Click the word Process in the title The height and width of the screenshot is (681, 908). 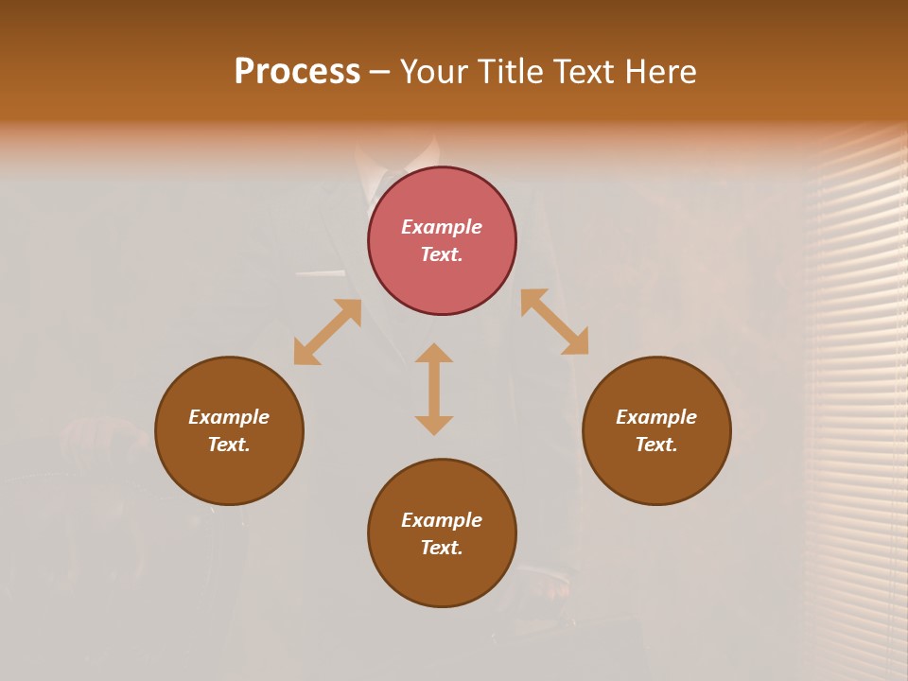tap(297, 72)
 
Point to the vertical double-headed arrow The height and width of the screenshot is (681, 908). tap(434, 389)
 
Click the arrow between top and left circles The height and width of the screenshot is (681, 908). tap(327, 332)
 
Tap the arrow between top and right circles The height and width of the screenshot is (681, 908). tap(554, 322)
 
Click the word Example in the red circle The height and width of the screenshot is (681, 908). tap(442, 227)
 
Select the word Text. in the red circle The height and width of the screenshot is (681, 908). tap(442, 254)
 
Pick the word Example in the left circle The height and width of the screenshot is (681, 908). tap(229, 417)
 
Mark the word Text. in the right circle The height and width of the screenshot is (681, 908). tap(656, 445)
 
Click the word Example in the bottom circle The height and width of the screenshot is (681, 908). tap(442, 520)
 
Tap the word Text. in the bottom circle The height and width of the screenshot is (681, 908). tap(442, 548)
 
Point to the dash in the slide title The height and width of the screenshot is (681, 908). tap(379, 73)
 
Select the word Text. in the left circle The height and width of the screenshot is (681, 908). tap(229, 445)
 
